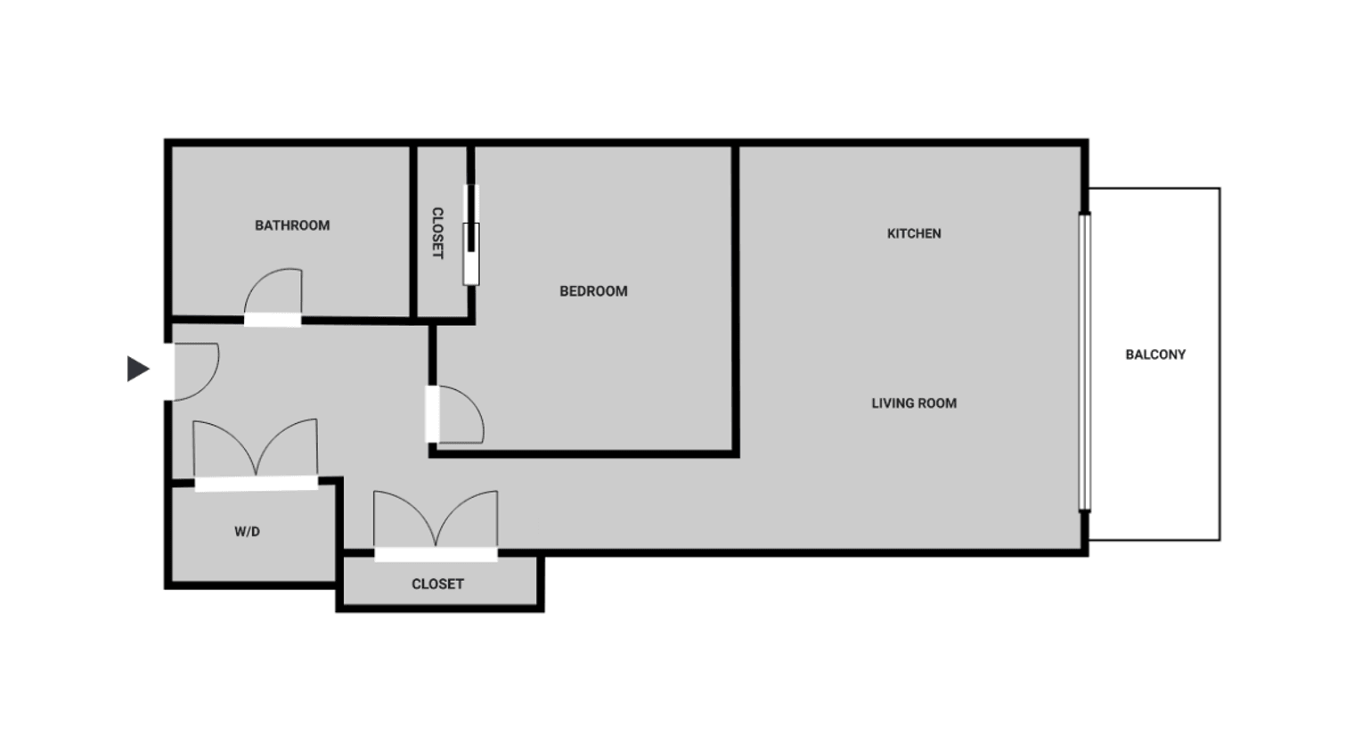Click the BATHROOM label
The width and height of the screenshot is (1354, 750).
click(x=292, y=225)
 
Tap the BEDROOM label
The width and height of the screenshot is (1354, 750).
click(x=593, y=291)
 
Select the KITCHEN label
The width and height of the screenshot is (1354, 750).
click(x=914, y=233)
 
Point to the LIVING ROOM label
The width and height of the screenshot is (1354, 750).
click(x=914, y=404)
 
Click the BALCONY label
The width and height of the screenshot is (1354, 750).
click(x=1155, y=355)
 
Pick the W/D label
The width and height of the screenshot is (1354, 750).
click(x=248, y=532)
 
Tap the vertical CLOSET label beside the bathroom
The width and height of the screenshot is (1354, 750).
click(x=437, y=233)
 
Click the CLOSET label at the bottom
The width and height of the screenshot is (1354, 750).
click(x=437, y=584)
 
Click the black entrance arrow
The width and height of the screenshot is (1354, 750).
click(x=138, y=369)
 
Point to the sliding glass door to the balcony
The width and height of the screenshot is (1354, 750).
click(x=1085, y=363)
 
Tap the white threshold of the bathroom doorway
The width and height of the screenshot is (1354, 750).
click(x=273, y=320)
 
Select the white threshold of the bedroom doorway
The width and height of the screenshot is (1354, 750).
click(x=432, y=414)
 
